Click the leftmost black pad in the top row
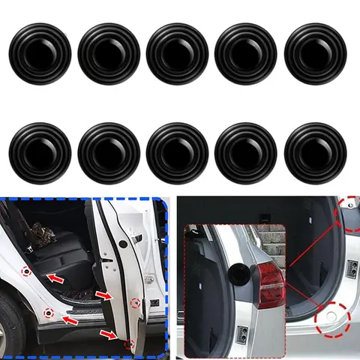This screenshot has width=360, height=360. click(x=39, y=53)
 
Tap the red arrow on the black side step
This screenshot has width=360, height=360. click(x=70, y=320)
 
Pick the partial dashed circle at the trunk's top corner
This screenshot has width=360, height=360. click(x=349, y=214)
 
